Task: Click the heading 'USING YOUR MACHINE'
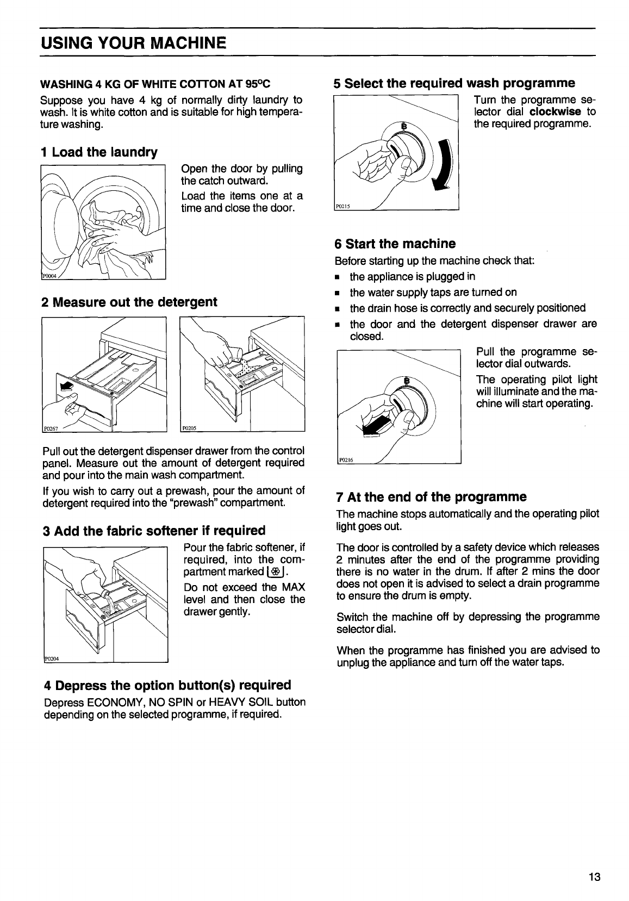point(133,42)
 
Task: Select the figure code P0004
point(50,276)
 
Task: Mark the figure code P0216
point(346,459)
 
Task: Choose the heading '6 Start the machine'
point(395,243)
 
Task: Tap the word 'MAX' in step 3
point(294,587)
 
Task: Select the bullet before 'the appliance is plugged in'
point(338,277)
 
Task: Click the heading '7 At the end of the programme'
point(432,496)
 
